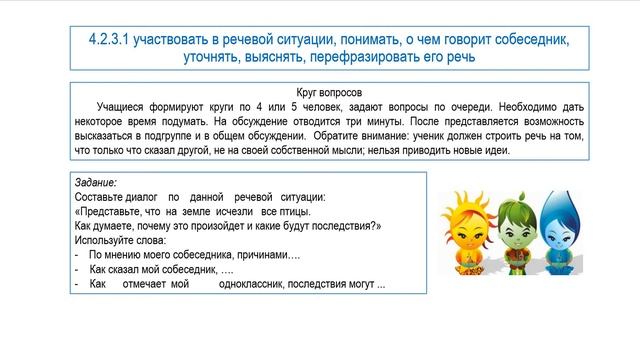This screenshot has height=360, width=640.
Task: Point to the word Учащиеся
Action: (x=122, y=104)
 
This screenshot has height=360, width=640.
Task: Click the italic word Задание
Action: (x=96, y=184)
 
